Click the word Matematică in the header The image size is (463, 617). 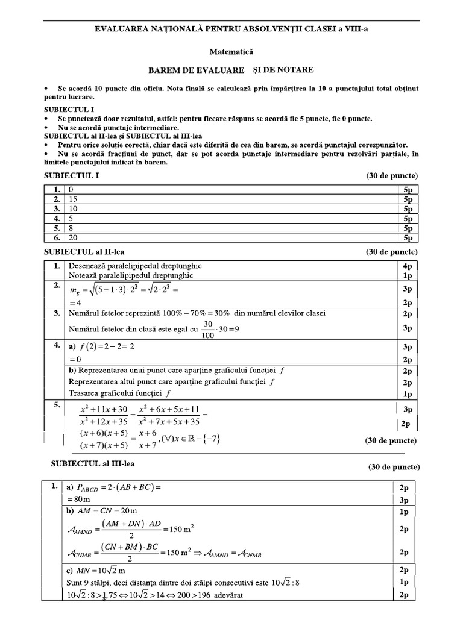231,54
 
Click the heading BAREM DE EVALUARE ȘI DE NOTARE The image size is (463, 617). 231,70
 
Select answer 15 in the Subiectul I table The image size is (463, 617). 74,199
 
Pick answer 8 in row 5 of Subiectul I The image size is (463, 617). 72,228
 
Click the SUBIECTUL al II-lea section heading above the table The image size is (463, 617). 84,251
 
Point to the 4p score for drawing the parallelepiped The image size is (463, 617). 407,265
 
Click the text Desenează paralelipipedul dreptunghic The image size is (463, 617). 135,265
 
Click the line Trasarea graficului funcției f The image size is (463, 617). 118,394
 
